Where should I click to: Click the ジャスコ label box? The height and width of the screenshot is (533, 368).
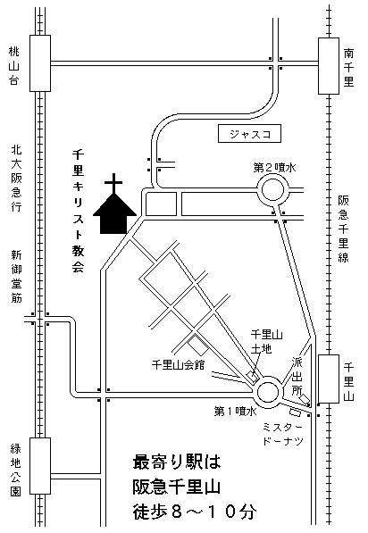249,134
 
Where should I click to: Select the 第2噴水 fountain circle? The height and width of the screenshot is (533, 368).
272,190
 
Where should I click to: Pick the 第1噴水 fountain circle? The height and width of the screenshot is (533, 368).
269,392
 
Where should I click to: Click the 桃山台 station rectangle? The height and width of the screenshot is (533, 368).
40,63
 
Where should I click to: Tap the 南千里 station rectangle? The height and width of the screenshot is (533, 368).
329,66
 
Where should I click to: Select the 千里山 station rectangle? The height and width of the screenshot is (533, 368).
329,379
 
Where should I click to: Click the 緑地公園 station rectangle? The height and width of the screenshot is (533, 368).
40,466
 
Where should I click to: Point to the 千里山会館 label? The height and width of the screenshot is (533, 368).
179,365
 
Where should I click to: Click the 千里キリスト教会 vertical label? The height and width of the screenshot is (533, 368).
78,211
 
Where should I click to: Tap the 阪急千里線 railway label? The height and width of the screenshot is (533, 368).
344,229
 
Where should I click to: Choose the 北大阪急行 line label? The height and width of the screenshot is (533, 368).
16,179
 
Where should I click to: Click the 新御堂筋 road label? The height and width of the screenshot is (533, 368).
16,276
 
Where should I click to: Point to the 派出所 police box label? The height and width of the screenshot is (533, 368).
297,376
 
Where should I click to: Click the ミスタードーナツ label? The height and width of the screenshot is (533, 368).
283,434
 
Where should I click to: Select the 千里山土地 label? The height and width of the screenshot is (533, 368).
267,342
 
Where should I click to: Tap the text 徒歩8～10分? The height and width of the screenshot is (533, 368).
195,512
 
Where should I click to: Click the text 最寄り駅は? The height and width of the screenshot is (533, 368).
177,462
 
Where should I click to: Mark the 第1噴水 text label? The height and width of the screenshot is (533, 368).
235,412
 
